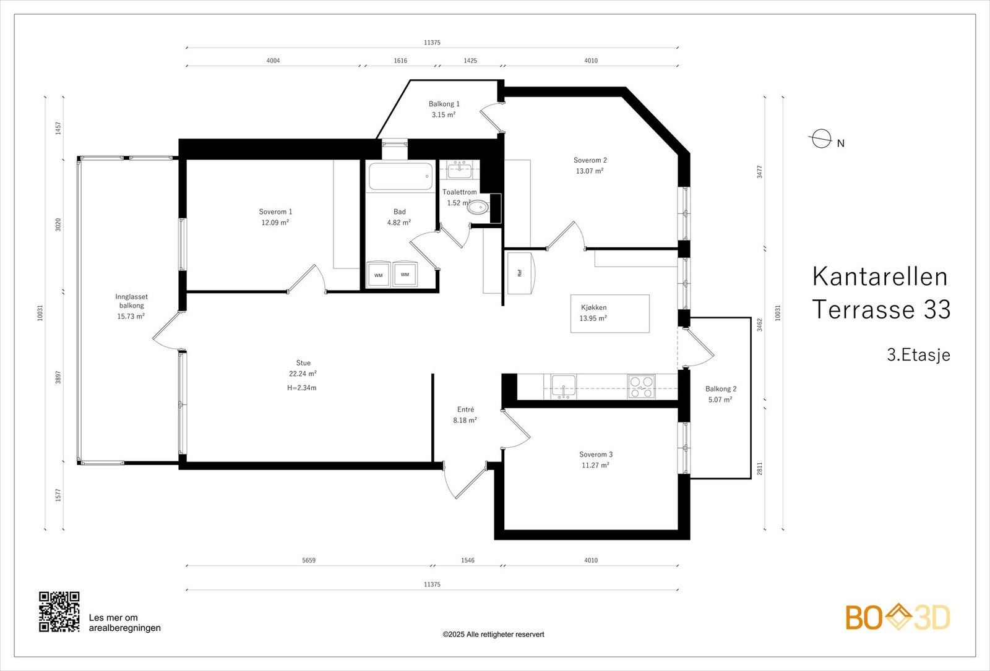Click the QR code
59,612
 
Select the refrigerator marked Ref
521,273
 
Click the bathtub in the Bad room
400,177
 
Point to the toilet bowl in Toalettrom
479,207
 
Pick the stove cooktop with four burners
641,387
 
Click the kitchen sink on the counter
564,387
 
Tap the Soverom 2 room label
590,160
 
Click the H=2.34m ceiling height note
302,388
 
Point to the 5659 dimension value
309,560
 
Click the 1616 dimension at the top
400,61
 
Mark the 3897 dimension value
58,377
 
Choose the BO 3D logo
898,617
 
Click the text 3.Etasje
918,355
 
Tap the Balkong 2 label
721,389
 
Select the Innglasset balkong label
131,301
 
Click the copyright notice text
493,635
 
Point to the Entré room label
465,409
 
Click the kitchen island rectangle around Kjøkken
610,314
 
